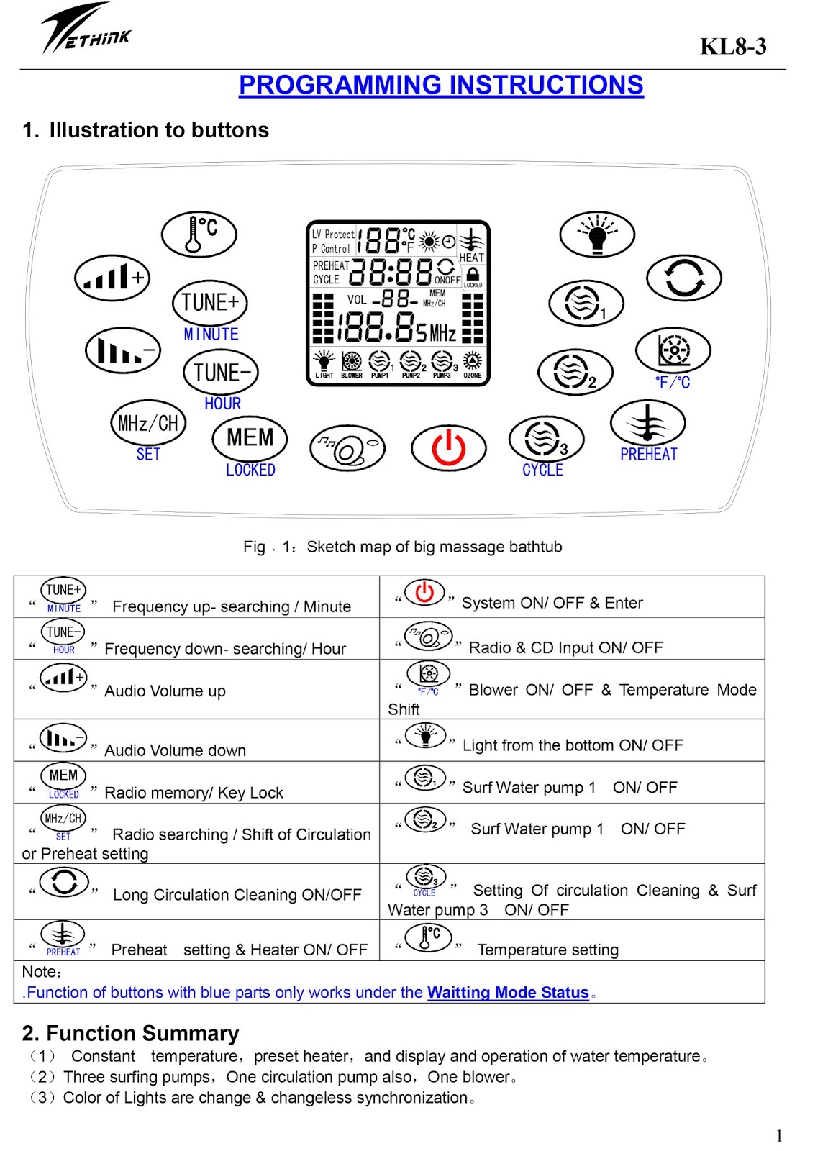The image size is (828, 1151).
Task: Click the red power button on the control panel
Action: click(448, 447)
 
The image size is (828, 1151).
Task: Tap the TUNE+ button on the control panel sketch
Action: click(210, 303)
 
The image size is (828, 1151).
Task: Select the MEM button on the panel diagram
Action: click(250, 438)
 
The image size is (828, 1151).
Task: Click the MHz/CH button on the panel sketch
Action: click(148, 423)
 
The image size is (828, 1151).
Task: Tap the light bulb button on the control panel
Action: click(596, 234)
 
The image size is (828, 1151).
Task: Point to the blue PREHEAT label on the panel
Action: click(649, 455)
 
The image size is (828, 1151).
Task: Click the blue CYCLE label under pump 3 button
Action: click(542, 470)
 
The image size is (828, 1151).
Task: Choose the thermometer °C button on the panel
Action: click(199, 234)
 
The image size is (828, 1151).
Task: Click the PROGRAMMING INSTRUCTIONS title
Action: click(441, 85)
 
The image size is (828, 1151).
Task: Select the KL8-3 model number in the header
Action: click(733, 47)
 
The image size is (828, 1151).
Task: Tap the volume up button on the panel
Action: click(112, 277)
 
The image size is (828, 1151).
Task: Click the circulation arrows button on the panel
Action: click(683, 278)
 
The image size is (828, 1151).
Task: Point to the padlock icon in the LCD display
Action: click(473, 274)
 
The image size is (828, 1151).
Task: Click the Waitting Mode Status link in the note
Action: click(508, 993)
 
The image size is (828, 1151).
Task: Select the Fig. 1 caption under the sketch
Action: click(402, 547)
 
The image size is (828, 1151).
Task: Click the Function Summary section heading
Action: click(130, 1033)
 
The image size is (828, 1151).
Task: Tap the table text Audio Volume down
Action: click(175, 750)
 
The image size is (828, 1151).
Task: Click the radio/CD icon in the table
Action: click(428, 637)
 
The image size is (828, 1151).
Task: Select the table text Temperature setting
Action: click(547, 950)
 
